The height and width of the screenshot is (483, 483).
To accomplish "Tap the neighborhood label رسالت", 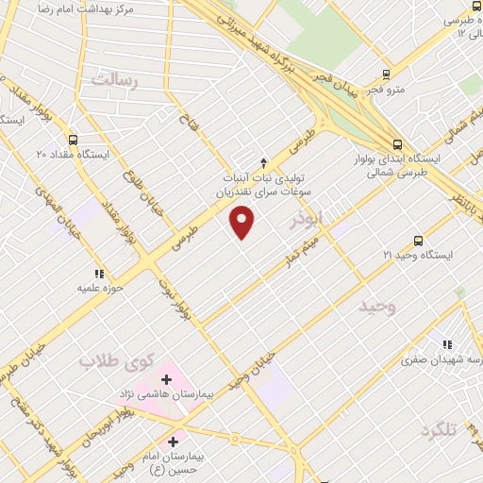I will coord(114,81).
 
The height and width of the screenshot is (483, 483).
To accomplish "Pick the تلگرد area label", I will coord(439,430).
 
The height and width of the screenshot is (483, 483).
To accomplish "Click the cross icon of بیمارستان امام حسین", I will coord(172,441).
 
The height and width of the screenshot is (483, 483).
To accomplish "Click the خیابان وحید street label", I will coord(258,363).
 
